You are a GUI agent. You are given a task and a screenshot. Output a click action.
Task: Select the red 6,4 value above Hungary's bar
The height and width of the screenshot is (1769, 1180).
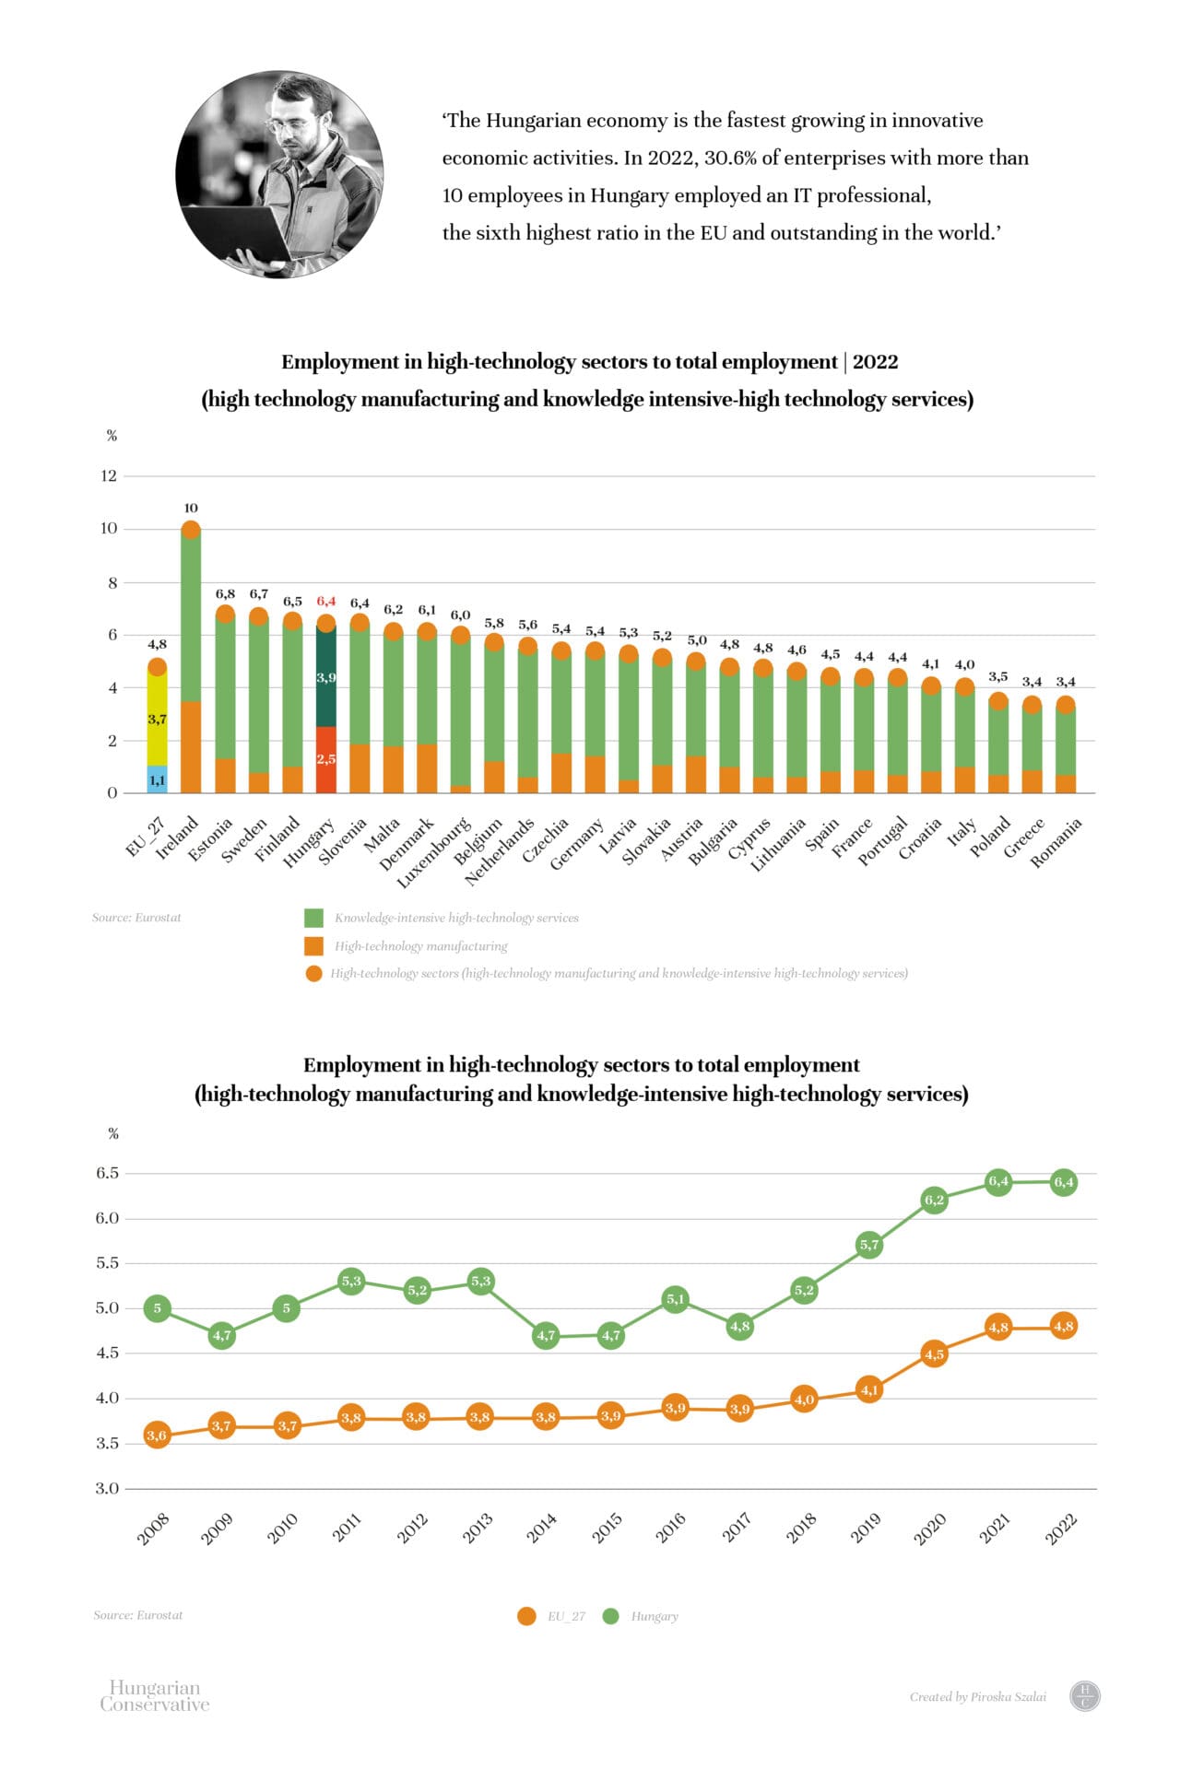(326, 601)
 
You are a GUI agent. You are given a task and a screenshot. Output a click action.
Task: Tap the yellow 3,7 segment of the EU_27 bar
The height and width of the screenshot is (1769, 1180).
(158, 719)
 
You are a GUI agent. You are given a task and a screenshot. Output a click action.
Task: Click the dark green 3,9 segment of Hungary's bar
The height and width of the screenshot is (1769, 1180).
(326, 678)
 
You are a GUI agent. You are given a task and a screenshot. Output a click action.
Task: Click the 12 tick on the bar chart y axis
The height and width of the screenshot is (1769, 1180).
(109, 475)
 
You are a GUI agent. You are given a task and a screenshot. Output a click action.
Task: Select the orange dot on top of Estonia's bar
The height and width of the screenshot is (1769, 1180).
(225, 614)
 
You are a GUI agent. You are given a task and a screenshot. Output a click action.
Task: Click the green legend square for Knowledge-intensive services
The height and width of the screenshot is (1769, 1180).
(313, 918)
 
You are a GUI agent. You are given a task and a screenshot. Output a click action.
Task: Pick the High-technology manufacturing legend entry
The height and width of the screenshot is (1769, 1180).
(420, 946)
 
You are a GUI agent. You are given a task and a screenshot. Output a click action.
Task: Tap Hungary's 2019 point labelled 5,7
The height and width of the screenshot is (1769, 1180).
(869, 1245)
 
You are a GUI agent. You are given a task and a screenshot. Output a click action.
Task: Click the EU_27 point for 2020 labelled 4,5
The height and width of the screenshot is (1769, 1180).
(934, 1353)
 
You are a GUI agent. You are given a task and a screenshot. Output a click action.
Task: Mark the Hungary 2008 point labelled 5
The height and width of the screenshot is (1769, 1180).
(158, 1308)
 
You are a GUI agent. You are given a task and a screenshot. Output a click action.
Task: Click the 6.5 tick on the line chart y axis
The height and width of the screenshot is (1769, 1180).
(108, 1173)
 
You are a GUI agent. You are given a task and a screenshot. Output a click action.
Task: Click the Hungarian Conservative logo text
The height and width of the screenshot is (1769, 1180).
(154, 1695)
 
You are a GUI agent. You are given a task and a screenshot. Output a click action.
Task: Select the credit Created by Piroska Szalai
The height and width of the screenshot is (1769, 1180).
(977, 1696)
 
